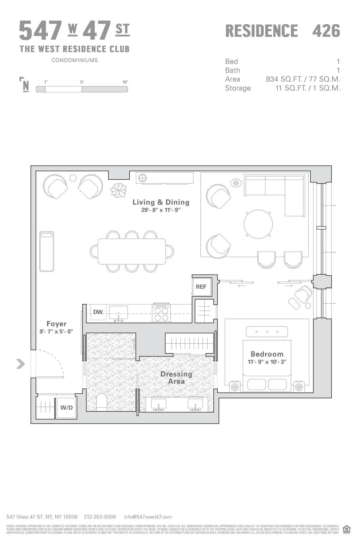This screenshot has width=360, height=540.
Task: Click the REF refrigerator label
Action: tap(201, 287)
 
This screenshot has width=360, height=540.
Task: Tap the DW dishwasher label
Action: tap(98, 312)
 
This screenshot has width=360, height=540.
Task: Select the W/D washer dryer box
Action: tap(67, 408)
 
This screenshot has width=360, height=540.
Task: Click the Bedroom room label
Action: tap(267, 354)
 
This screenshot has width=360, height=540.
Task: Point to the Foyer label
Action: tap(56, 324)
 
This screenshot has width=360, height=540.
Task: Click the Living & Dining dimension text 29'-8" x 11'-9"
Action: tap(161, 210)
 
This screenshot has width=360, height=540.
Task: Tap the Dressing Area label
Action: tap(176, 378)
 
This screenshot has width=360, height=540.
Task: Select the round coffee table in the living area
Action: tap(258, 224)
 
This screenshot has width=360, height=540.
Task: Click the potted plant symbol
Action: tap(118, 190)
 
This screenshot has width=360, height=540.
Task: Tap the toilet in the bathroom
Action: tap(102, 403)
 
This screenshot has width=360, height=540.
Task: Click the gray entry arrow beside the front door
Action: tap(20, 364)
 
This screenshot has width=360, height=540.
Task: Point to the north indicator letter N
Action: tap(26, 86)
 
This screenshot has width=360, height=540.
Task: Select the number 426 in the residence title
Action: tap(326, 31)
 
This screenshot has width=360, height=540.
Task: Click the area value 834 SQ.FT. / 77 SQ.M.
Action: tap(303, 79)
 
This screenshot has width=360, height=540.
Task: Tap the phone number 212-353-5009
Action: tap(100, 517)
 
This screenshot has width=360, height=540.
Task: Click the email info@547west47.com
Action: tap(148, 517)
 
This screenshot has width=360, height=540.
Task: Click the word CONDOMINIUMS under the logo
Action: tap(74, 60)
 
